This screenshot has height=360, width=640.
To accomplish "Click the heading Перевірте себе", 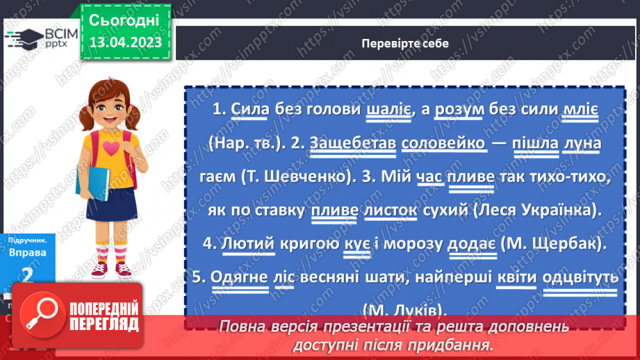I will tap(405, 43).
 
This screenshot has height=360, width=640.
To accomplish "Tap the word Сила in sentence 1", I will tap(249, 110).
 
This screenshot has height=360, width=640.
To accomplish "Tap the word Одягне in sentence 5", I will tap(237, 277).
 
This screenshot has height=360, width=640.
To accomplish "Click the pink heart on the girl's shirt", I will tap(112, 147).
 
